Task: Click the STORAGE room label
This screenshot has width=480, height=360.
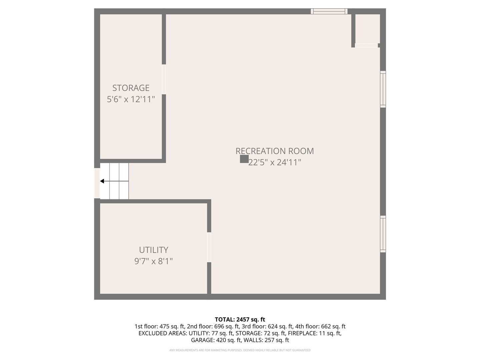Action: [x=131, y=88]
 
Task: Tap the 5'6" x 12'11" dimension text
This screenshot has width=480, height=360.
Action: [x=131, y=99]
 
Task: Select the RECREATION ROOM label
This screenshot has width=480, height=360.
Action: [x=275, y=151]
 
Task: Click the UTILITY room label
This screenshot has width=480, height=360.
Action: [x=153, y=250]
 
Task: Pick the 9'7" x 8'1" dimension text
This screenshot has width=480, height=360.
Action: [x=153, y=261]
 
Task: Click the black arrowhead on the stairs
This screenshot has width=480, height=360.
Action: [x=102, y=181]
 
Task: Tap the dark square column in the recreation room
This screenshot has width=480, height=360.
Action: [x=244, y=159]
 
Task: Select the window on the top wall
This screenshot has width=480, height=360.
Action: [x=329, y=11]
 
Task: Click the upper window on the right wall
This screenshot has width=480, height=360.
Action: [x=383, y=89]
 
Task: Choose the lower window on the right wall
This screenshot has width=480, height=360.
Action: [x=383, y=234]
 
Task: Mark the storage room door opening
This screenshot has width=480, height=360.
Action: [x=164, y=79]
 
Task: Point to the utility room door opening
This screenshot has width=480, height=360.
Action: [x=209, y=247]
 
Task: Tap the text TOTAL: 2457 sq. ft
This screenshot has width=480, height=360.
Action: [x=240, y=320]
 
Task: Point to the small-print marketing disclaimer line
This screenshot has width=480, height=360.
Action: [x=240, y=350]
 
